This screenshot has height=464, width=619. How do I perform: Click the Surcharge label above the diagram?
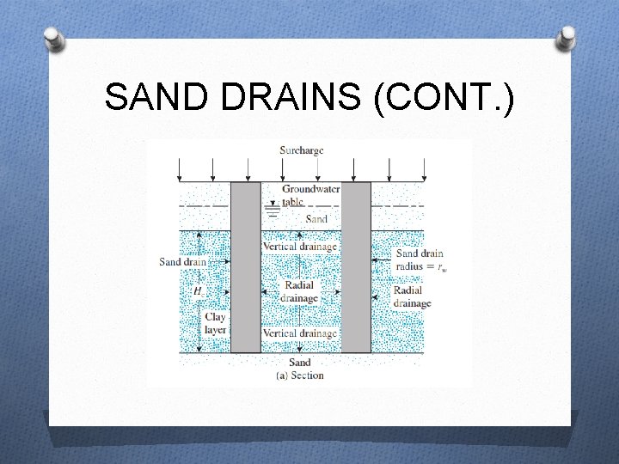tap(302, 150)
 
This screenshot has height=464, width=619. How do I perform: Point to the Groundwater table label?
tap(310, 194)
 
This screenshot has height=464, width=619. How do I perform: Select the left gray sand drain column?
tap(246, 266)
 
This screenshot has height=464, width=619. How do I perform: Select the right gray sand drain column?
tap(356, 266)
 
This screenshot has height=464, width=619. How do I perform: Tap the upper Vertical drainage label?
tap(299, 247)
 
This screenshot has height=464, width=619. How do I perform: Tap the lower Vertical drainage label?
tap(299, 333)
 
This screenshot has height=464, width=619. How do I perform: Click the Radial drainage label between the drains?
tap(299, 291)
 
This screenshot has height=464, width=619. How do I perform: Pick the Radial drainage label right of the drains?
tap(412, 296)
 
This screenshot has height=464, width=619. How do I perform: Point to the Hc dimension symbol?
tap(199, 291)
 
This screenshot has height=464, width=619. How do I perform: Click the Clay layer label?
tap(215, 323)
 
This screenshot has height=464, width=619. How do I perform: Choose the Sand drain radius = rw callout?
tap(420, 259)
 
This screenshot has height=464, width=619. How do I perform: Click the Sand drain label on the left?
tap(182, 262)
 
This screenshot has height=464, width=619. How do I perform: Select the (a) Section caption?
tap(300, 375)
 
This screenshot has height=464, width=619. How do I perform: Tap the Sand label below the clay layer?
tap(300, 363)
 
